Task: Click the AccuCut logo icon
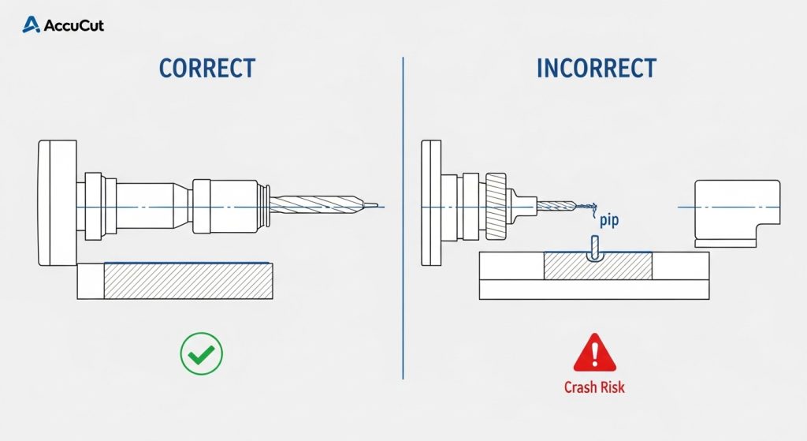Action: [x=32, y=25]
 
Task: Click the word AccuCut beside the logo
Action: [x=73, y=25]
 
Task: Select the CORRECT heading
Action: [x=207, y=68]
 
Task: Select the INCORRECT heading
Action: [x=596, y=68]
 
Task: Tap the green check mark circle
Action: [x=202, y=353]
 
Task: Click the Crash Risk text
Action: [x=594, y=387]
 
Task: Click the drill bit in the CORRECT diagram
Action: [x=315, y=206]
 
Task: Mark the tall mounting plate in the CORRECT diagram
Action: [x=57, y=202]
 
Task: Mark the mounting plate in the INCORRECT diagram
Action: [x=432, y=202]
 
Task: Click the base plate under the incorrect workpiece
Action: [x=594, y=290]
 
